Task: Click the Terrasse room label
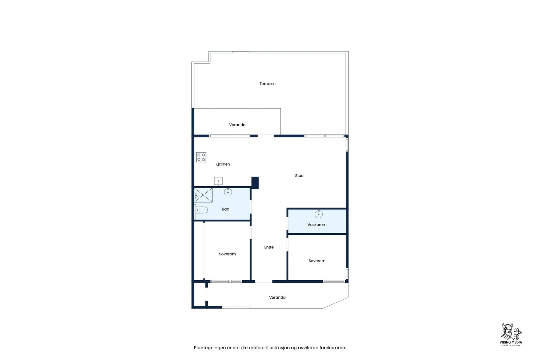(x=267, y=84)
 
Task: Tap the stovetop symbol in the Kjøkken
(x=201, y=157)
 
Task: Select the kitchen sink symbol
(x=218, y=181)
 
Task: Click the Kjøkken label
(x=223, y=164)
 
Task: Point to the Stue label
(x=299, y=176)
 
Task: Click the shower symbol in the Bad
(x=203, y=195)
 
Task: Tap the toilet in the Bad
(x=202, y=210)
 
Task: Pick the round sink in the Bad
(x=228, y=192)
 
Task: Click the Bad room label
(x=225, y=209)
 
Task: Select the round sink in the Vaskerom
(x=319, y=214)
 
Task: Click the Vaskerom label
(x=317, y=225)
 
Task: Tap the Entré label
(x=269, y=247)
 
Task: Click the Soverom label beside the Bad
(x=227, y=254)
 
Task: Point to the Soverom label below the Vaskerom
(x=317, y=261)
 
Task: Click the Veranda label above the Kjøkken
(x=237, y=125)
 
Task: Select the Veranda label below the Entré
(x=277, y=298)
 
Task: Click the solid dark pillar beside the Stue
(x=255, y=183)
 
